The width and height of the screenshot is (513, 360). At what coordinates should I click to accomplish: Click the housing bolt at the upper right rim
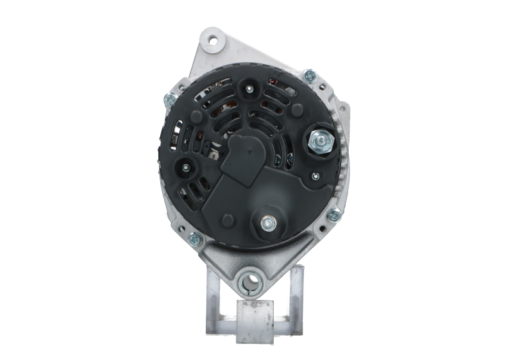(x=310, y=76)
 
